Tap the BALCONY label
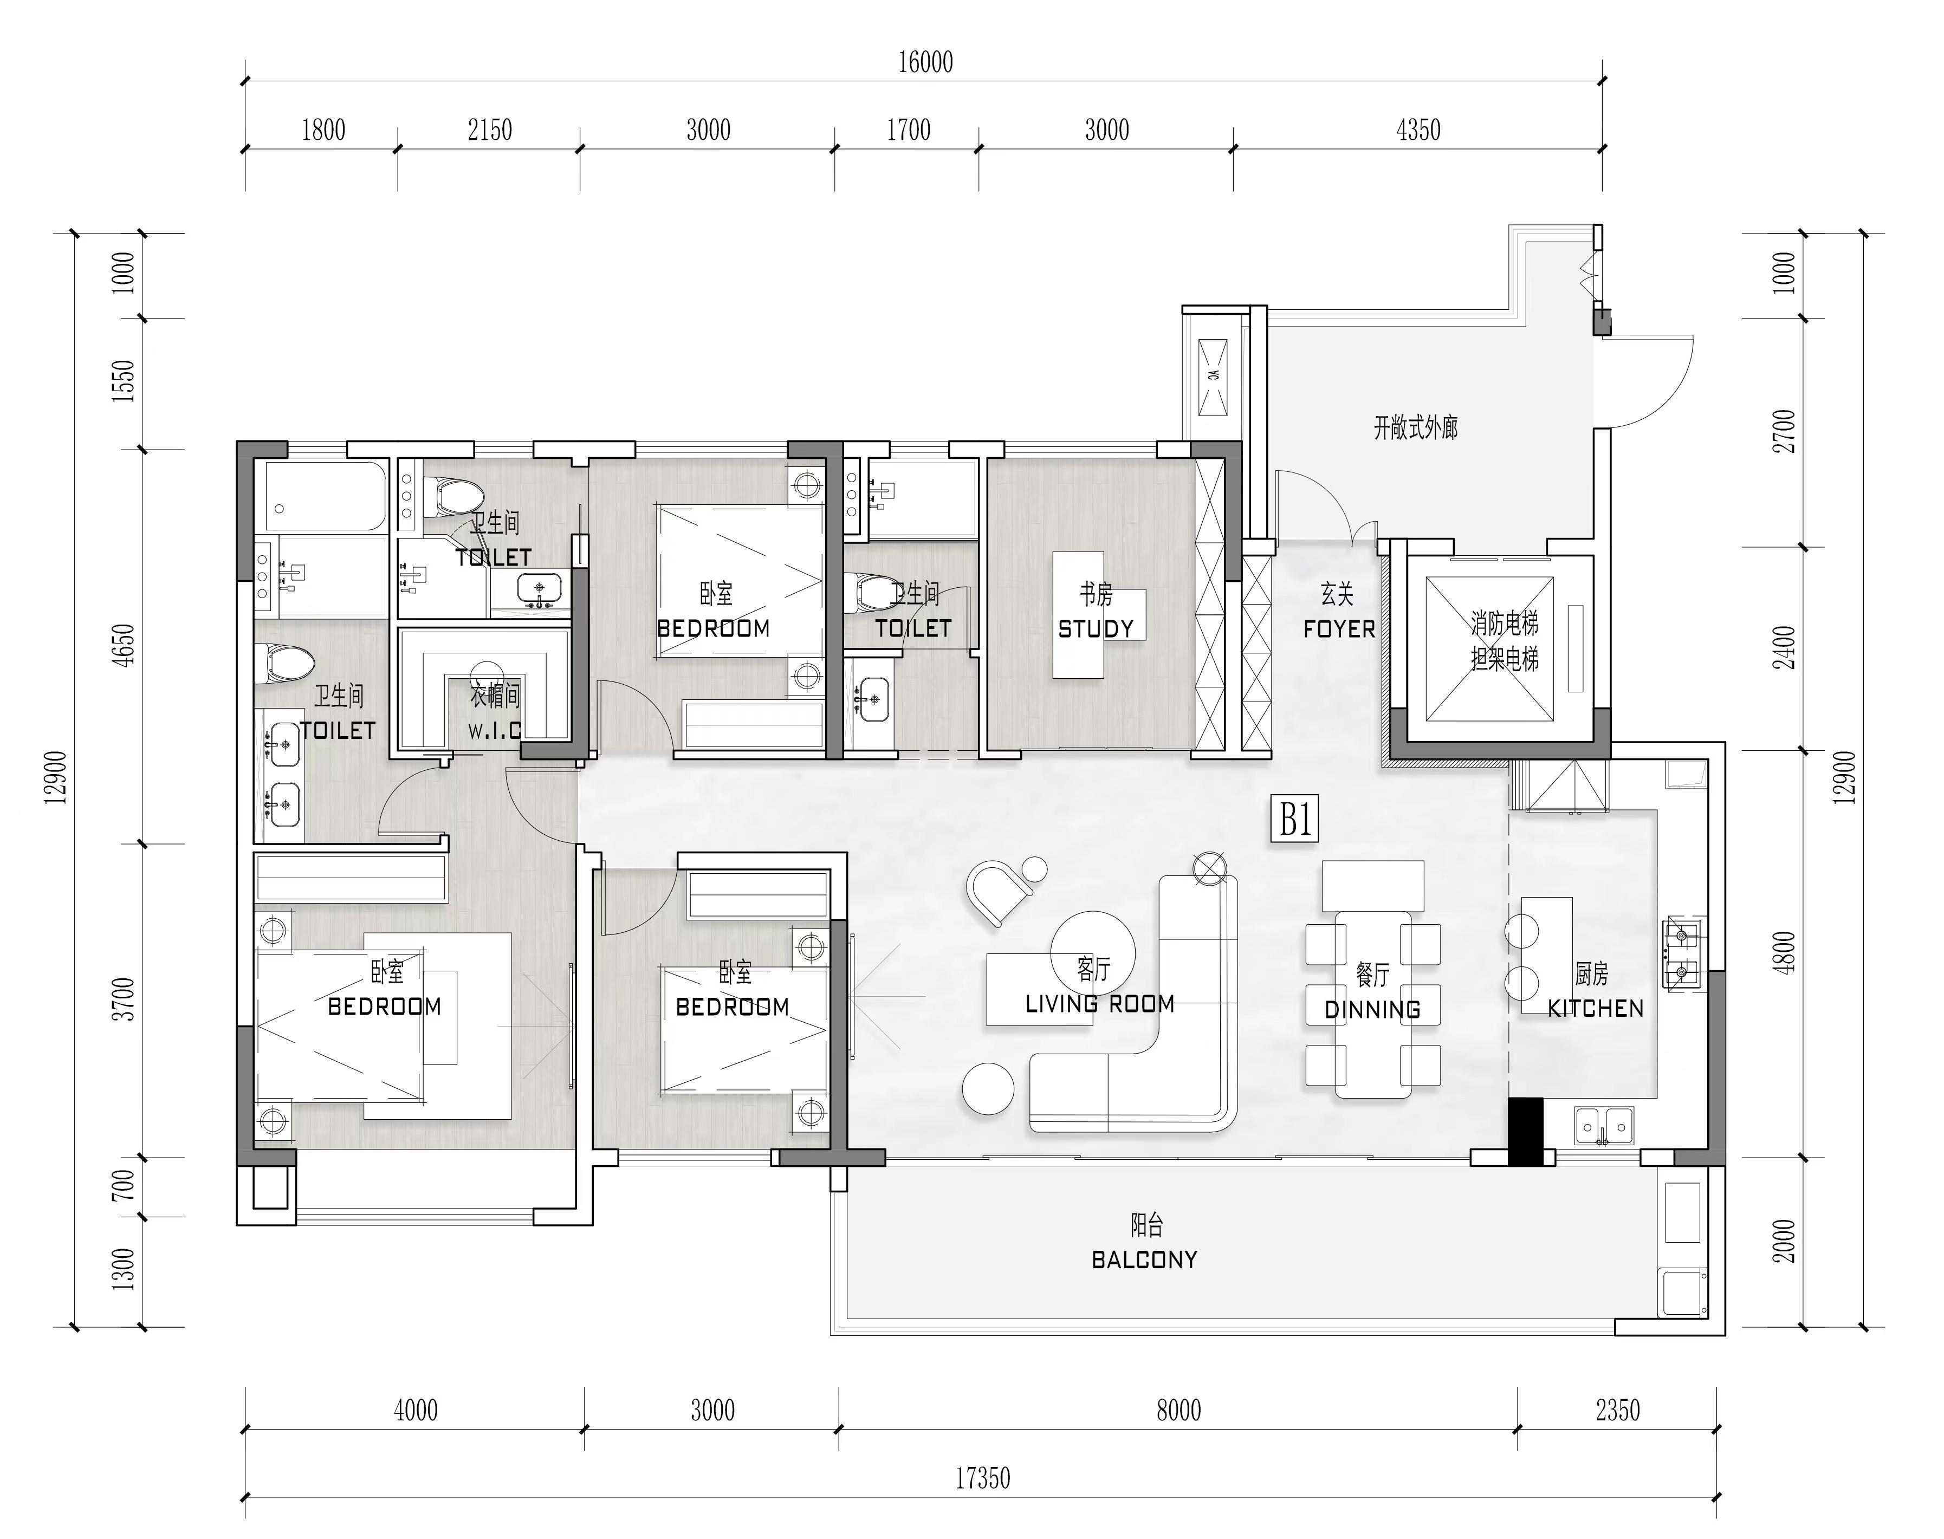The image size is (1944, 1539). [x=1145, y=1259]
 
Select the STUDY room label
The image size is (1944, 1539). [x=1096, y=629]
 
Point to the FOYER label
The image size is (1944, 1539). [x=1339, y=629]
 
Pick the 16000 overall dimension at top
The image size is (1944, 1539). [x=925, y=62]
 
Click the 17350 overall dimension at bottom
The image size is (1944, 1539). [x=982, y=1479]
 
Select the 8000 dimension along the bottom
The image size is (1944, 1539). [x=1179, y=1410]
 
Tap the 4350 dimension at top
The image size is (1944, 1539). [x=1418, y=131]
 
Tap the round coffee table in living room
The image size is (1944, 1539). [x=1092, y=952]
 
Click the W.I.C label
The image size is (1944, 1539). [x=494, y=730]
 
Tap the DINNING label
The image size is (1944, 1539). [x=1372, y=1010]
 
